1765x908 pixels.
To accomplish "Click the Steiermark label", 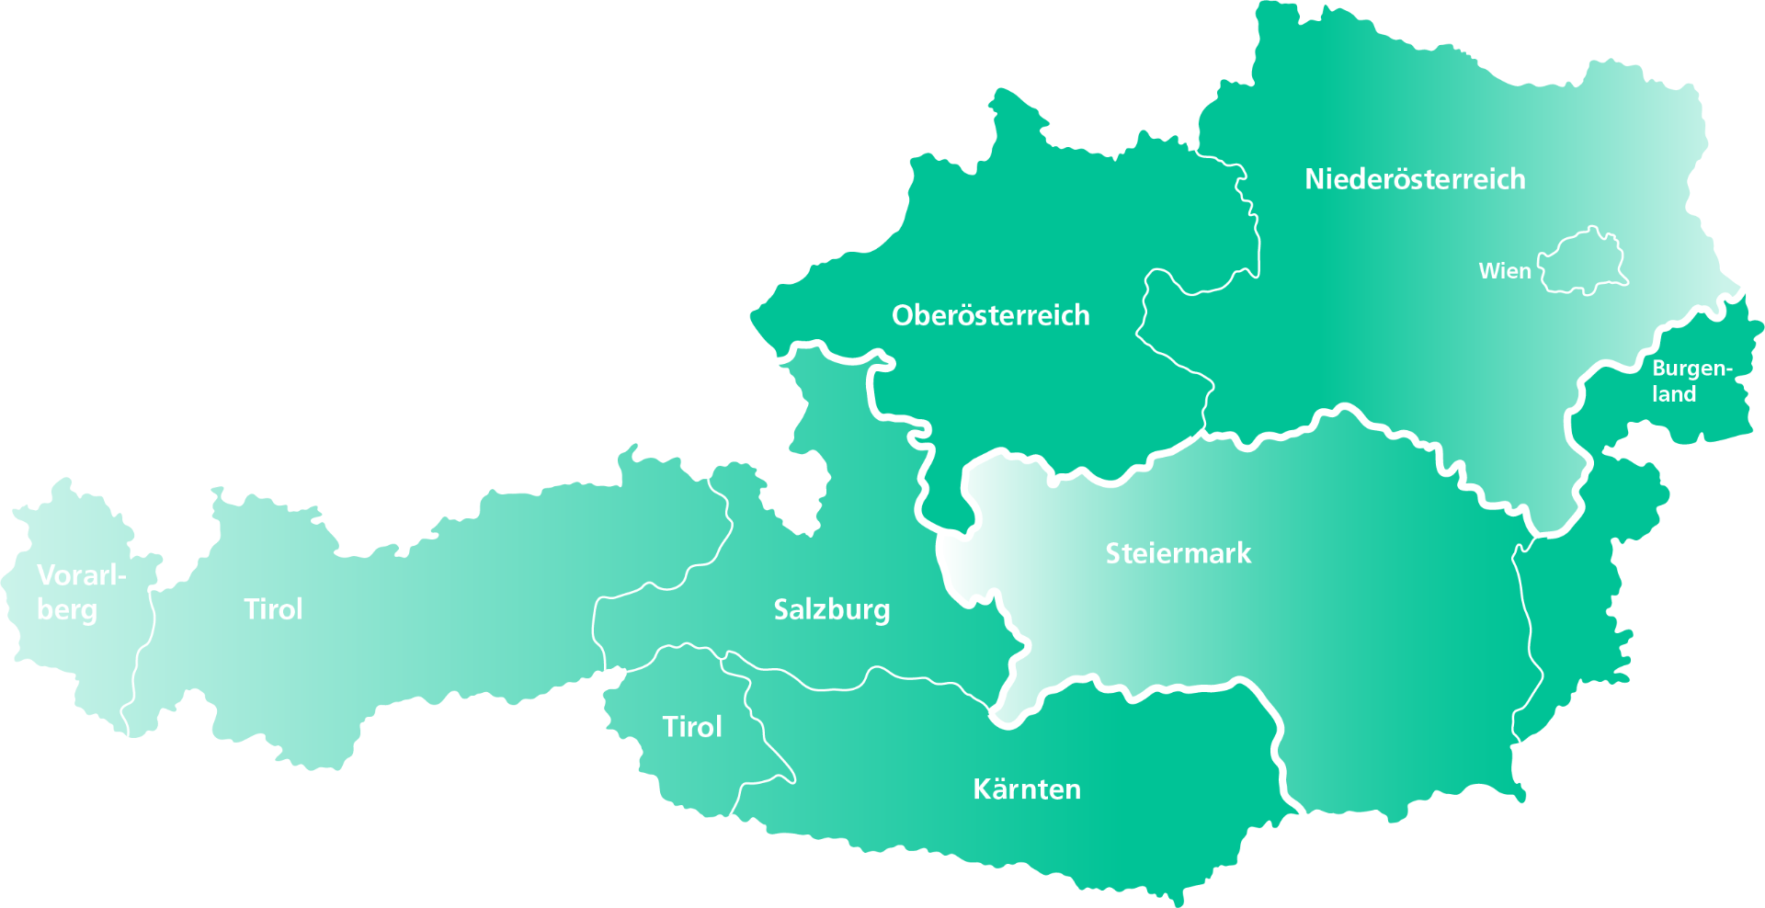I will point(1178,553).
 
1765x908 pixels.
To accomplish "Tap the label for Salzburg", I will point(831,609).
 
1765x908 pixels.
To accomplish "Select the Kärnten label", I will point(1026,789).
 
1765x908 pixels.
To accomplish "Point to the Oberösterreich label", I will point(990,315).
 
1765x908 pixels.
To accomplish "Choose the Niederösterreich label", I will point(1415,179).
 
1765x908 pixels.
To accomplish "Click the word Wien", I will point(1505,271).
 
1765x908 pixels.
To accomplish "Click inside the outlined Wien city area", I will point(1582,261).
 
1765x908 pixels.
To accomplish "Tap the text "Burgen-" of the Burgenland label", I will point(1691,369).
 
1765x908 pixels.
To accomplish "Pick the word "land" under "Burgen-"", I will point(1674,394).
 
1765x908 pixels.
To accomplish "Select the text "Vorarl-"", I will point(81,575).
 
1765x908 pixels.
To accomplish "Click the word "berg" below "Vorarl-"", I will point(67,610).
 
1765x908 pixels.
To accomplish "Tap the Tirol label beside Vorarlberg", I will point(273,609).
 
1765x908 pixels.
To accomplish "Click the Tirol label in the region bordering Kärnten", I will point(692,727).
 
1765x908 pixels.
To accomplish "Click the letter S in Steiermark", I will point(1112,553).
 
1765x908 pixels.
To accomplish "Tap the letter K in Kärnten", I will point(982,789).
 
